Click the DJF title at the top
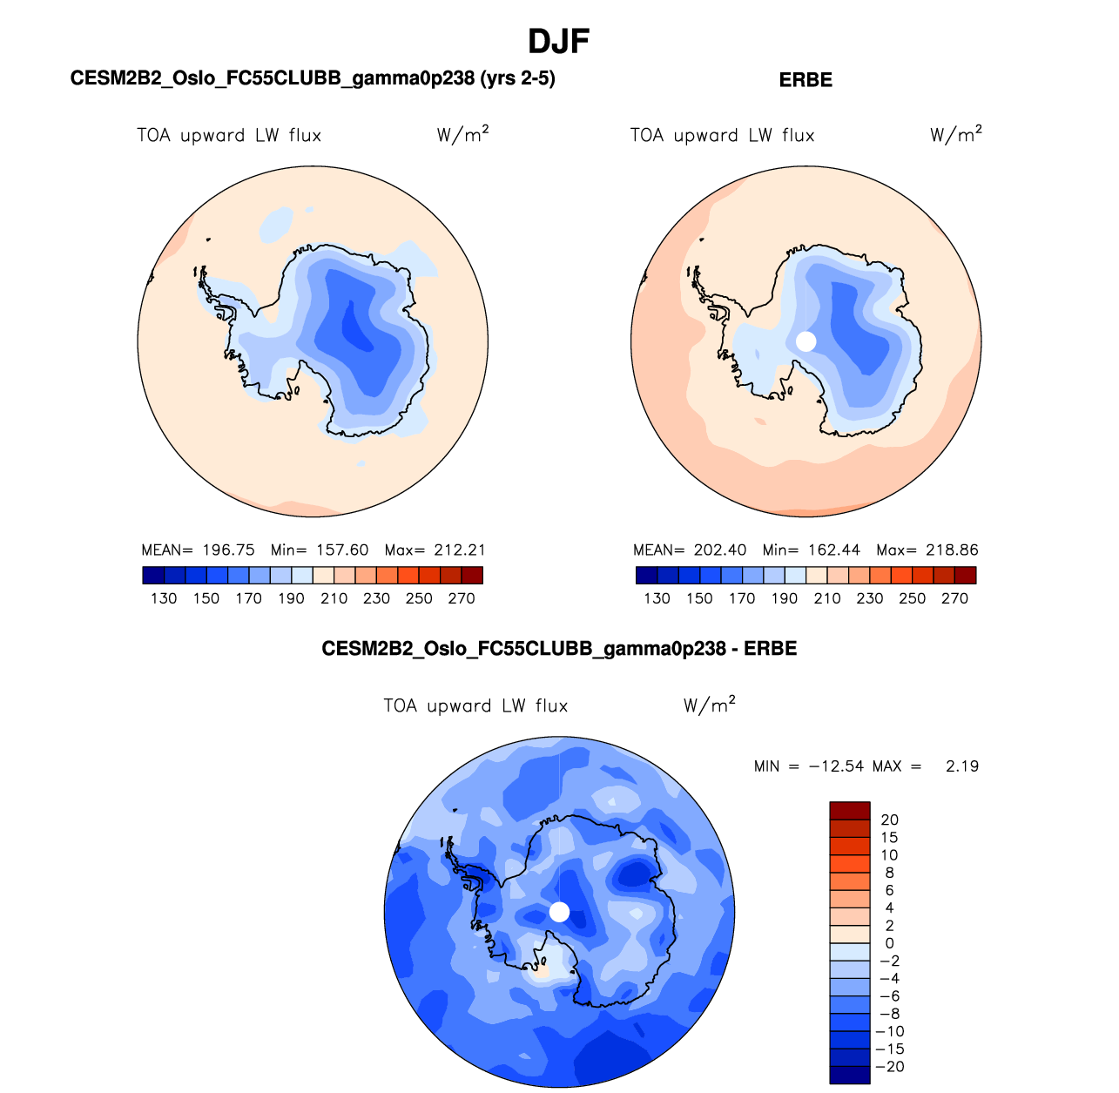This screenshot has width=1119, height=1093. [559, 41]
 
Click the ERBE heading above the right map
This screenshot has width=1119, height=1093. [806, 80]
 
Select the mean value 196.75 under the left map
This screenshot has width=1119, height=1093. [228, 550]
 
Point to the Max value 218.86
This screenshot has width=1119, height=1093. [952, 550]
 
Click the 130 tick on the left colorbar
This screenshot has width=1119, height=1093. [164, 598]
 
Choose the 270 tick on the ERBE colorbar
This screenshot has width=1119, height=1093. [954, 598]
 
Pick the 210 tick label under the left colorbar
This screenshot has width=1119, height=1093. [334, 598]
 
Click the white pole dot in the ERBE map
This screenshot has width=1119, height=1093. [806, 341]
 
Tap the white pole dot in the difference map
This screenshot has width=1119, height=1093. [560, 912]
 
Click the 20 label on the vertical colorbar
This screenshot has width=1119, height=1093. [889, 820]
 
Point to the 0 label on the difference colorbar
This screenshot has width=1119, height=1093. [889, 943]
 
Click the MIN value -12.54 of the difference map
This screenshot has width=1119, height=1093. [836, 766]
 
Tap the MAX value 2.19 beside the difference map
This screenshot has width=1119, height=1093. [961, 766]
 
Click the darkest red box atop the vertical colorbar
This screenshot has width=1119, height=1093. [850, 810]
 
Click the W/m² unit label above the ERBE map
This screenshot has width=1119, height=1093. [955, 134]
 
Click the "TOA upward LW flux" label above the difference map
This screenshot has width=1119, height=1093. [475, 705]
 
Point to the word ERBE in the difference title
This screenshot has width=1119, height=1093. [770, 649]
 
